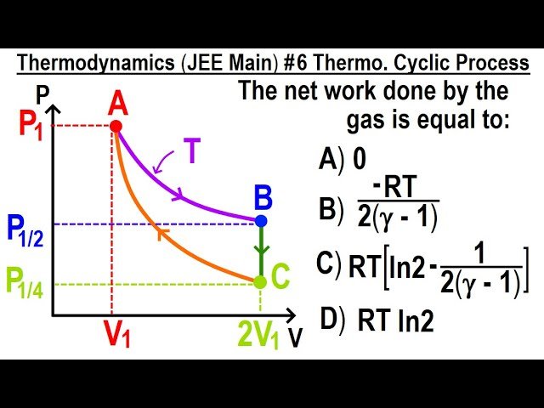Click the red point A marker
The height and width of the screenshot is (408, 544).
116,126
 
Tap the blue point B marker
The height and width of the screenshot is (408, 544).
261,221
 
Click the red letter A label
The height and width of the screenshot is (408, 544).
118,104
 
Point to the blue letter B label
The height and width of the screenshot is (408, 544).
263,200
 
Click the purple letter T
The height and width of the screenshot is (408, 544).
192,152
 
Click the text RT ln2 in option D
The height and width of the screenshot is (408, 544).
395,320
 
